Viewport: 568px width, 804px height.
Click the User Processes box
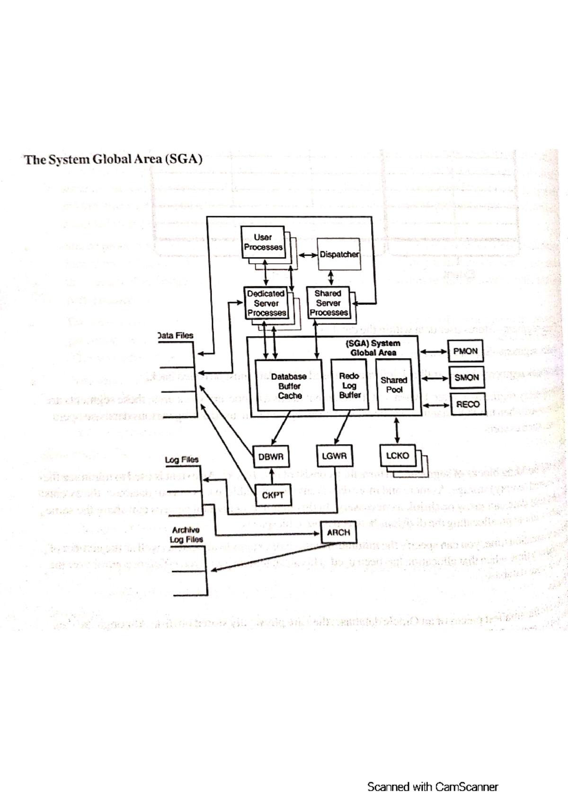tap(263, 242)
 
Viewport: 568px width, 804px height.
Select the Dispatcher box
tap(339, 254)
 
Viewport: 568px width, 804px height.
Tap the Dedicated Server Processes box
tap(266, 303)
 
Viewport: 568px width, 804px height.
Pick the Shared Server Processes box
tap(328, 303)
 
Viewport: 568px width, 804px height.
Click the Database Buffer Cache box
tap(289, 385)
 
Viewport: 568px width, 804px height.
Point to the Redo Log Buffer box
tap(350, 385)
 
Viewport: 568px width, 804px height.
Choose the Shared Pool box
tap(394, 384)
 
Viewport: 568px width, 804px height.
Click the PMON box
tap(465, 351)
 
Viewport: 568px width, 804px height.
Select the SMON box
tap(467, 378)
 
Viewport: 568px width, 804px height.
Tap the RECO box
tap(468, 404)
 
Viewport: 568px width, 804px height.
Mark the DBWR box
tap(271, 457)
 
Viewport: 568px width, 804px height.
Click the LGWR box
tap(334, 456)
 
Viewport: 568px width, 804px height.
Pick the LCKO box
tap(398, 456)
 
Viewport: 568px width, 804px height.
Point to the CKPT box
tap(273, 495)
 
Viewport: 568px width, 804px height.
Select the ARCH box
tap(338, 533)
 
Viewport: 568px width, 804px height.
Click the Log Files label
tap(182, 460)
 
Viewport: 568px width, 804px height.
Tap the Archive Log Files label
tap(186, 535)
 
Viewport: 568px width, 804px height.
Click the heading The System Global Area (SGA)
tap(114, 160)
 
